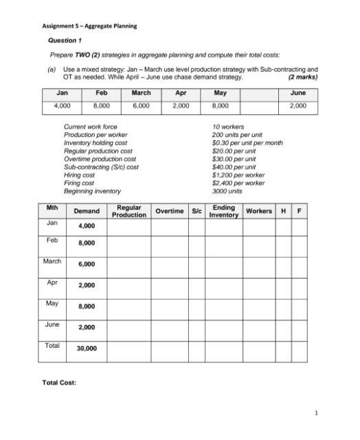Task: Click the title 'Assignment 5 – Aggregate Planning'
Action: tap(89, 26)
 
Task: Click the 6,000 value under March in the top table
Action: tap(141, 106)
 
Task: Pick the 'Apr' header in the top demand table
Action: tap(181, 93)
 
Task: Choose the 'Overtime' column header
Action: tap(169, 210)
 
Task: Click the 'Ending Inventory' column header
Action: tap(224, 211)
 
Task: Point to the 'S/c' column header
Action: tap(197, 210)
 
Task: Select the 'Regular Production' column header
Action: tap(129, 211)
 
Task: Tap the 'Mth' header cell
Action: tap(51, 207)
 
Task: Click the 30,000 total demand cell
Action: tap(87, 349)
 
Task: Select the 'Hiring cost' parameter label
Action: tap(79, 175)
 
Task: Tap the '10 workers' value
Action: tap(227, 126)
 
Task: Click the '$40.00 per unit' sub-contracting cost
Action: tap(234, 166)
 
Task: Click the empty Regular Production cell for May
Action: tap(129, 306)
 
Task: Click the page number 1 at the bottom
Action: tap(315, 413)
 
